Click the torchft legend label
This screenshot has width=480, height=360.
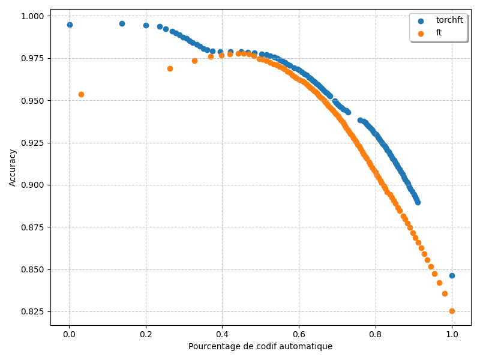pyautogui.click(x=449, y=20)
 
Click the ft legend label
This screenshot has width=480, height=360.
pyautogui.click(x=439, y=33)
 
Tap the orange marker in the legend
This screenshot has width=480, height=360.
pyautogui.click(x=421, y=34)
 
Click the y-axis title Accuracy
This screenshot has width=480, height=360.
pyautogui.click(x=13, y=167)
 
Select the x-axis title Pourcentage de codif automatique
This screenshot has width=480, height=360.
pyautogui.click(x=260, y=346)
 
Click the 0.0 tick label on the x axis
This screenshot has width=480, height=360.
pyautogui.click(x=69, y=334)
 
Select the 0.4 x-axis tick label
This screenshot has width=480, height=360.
pyautogui.click(x=222, y=334)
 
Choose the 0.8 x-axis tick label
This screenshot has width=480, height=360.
pyautogui.click(x=375, y=334)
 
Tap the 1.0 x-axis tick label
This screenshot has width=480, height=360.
pyautogui.click(x=452, y=334)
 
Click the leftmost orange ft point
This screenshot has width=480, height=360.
pyautogui.click(x=81, y=94)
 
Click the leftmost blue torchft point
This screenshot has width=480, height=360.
pyautogui.click(x=70, y=25)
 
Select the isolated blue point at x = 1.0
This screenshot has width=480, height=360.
pyautogui.click(x=452, y=275)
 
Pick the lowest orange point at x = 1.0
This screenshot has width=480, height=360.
pyautogui.click(x=452, y=311)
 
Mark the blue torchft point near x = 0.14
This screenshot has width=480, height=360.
pyautogui.click(x=122, y=23)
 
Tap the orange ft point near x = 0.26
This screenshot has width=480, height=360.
pyautogui.click(x=170, y=68)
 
